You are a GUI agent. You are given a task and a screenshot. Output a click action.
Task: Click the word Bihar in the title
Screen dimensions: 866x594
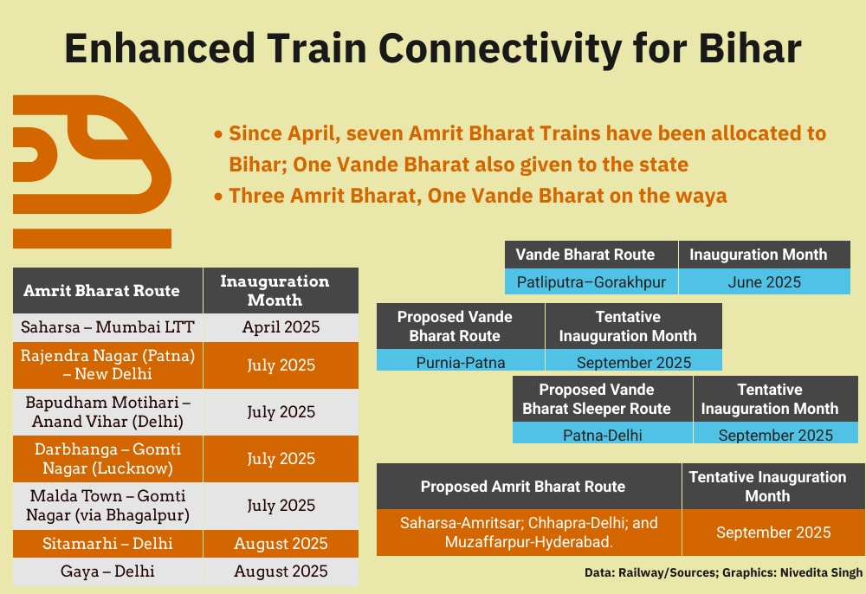[749, 48]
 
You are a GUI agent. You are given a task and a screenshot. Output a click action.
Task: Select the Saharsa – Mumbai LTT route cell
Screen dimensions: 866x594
[107, 327]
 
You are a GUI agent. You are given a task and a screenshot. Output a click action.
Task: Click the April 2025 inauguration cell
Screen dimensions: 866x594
[281, 327]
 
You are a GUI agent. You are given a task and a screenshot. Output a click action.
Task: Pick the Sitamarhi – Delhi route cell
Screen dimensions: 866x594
[107, 544]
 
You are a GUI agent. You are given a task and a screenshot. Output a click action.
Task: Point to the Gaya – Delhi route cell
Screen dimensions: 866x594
[107, 571]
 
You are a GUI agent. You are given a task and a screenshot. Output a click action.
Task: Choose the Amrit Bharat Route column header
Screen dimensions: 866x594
[107, 291]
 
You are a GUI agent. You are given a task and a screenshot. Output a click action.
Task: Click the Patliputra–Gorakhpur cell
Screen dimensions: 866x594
[591, 282]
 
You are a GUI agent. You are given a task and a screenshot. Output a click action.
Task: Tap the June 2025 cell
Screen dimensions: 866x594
[765, 282]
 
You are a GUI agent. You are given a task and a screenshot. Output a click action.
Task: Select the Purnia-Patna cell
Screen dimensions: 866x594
[461, 362]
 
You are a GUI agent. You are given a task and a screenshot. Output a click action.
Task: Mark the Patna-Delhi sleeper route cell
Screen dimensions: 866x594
[603, 435]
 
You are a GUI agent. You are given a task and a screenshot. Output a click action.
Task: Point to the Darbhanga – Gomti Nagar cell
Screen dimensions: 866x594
[107, 459]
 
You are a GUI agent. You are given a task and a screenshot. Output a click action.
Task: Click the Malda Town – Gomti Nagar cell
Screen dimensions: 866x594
[107, 506]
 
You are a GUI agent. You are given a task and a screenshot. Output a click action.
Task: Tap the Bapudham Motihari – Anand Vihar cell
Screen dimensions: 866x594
[107, 412]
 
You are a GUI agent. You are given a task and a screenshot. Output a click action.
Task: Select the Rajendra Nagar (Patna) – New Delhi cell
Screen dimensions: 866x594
[107, 365]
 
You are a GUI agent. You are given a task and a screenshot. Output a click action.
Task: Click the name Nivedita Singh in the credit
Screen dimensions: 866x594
[821, 573]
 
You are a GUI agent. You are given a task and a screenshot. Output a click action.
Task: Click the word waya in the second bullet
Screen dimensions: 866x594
[703, 196]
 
